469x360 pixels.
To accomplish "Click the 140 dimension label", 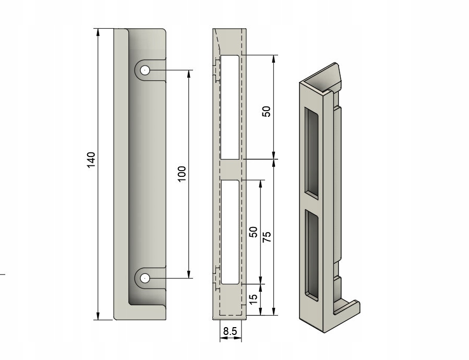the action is click(91, 160).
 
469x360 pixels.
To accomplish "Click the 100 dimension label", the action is click(181, 174).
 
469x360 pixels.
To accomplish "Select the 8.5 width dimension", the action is click(230, 331).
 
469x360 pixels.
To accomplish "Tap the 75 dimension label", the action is click(267, 236).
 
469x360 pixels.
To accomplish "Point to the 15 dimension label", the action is click(254, 300).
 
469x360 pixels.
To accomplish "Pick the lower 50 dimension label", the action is click(254, 232).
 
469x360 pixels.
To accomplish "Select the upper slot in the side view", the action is click(230, 107).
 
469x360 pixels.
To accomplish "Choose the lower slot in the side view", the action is click(230, 232).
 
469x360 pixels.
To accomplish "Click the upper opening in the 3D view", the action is click(311, 151).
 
